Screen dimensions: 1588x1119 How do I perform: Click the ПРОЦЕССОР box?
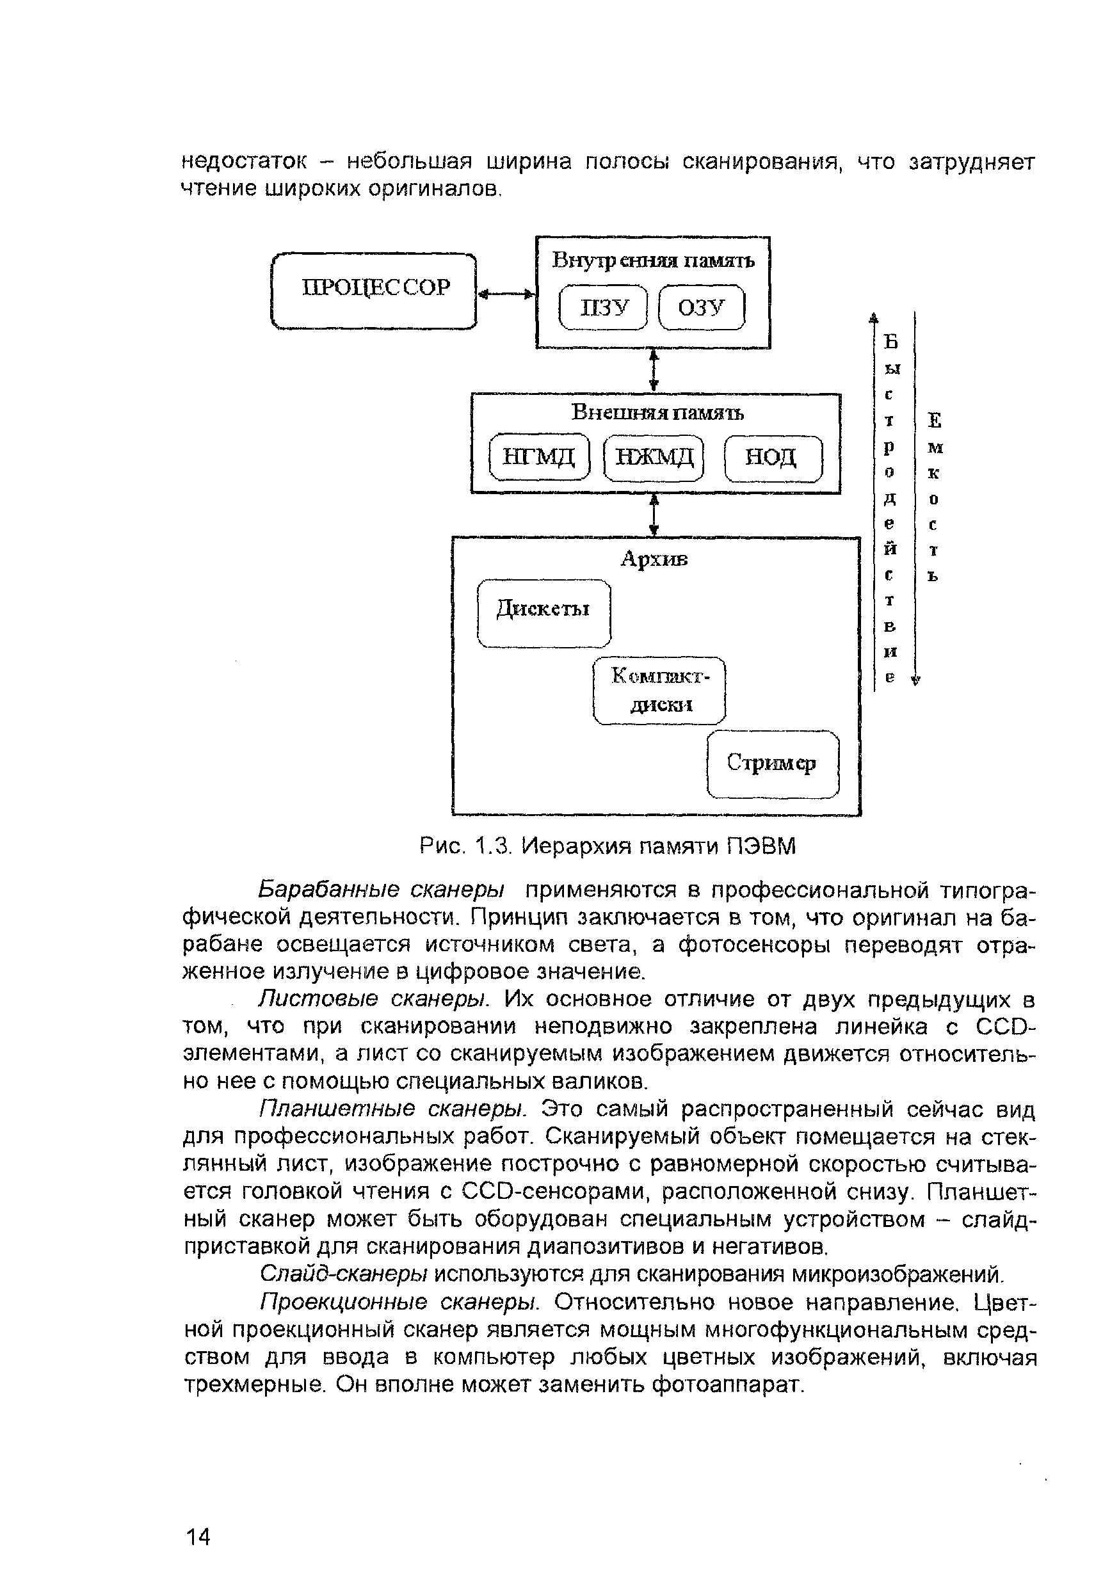(x=374, y=291)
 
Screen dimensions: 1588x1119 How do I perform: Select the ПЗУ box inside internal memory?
(x=603, y=308)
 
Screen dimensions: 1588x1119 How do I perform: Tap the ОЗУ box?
(x=701, y=308)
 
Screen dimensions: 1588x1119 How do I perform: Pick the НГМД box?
(x=539, y=456)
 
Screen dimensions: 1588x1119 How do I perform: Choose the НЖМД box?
(x=654, y=456)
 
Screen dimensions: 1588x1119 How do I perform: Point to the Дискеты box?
(x=543, y=612)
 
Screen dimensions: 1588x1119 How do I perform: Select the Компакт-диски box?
(x=660, y=690)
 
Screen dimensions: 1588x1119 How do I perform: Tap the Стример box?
(x=773, y=764)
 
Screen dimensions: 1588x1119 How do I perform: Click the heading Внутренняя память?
(x=653, y=261)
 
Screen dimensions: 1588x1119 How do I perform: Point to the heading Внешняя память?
(x=657, y=413)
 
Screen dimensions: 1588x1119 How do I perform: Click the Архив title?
(x=654, y=559)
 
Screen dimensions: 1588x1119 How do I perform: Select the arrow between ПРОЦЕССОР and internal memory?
(x=507, y=294)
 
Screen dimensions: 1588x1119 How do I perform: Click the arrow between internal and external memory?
(x=654, y=371)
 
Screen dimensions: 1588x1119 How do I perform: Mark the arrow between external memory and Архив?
(x=654, y=515)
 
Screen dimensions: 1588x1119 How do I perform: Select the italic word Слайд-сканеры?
(x=344, y=1272)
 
